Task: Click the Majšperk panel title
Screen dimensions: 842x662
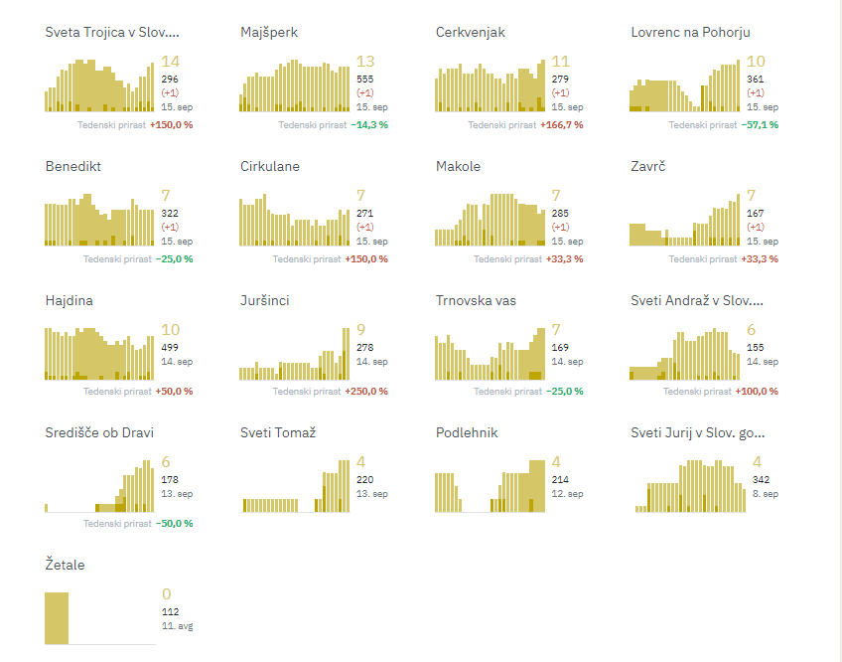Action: pos(269,32)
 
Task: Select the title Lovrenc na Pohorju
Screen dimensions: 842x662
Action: pos(690,32)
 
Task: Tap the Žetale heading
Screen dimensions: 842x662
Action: pos(65,565)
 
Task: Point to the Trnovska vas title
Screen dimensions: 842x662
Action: pos(476,300)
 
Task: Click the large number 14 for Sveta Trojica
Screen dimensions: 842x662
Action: pos(170,62)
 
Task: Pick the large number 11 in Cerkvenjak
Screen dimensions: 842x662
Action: pos(561,62)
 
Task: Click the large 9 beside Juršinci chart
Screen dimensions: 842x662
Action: pos(360,330)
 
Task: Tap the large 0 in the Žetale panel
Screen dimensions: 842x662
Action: pos(167,593)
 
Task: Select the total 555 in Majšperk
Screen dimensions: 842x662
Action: pos(364,80)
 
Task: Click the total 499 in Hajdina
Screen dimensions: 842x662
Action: pos(170,348)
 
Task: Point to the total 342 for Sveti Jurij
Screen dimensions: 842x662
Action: pos(761,480)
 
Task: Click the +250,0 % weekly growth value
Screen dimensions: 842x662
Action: pos(366,392)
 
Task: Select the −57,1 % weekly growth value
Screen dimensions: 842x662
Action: pos(760,125)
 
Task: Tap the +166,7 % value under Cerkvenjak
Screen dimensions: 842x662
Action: pos(562,125)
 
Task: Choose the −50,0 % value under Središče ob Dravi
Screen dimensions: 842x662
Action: pos(174,524)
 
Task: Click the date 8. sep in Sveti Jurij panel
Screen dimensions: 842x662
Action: pos(766,494)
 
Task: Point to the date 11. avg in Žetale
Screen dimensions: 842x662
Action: pos(177,626)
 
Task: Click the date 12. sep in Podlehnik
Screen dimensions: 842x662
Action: pos(567,494)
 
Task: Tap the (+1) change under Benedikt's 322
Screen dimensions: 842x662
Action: pos(170,227)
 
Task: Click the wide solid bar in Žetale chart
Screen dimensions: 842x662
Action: pos(57,618)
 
